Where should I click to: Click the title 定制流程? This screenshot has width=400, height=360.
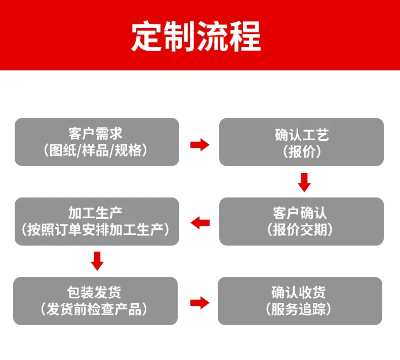click(196, 36)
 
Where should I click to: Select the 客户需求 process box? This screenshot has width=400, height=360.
click(97, 142)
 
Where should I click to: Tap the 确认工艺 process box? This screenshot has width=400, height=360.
click(302, 142)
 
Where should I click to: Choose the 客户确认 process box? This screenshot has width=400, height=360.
click(302, 221)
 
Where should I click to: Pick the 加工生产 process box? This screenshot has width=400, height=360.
click(97, 221)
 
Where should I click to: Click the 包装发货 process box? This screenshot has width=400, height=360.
click(95, 301)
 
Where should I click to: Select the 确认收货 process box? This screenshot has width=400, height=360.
click(300, 301)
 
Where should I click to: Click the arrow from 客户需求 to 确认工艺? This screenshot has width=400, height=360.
click(199, 145)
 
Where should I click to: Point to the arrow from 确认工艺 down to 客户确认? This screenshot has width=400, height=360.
click(304, 183)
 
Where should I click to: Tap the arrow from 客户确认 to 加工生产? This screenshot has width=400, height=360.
click(200, 223)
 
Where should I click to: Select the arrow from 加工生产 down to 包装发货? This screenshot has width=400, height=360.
click(97, 261)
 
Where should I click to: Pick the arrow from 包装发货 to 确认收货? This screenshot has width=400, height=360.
click(199, 303)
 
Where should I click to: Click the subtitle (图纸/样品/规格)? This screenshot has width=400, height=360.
click(95, 150)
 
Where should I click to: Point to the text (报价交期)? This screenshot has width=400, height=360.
click(300, 229)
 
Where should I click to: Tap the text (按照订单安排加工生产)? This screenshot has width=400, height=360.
click(95, 229)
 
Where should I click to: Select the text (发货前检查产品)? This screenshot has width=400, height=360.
click(94, 309)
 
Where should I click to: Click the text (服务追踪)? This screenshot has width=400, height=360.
click(298, 309)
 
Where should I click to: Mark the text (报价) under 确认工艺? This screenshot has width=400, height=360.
click(302, 151)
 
